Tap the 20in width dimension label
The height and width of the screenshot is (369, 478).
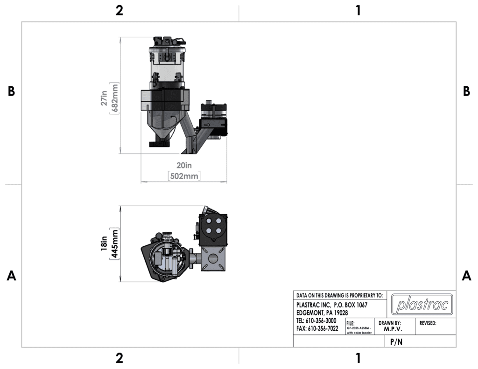pyautogui.click(x=184, y=165)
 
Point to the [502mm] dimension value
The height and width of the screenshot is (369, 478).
pyautogui.click(x=184, y=176)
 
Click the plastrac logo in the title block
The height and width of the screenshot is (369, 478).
pyautogui.click(x=422, y=305)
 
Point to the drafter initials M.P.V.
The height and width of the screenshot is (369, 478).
pyautogui.click(x=390, y=329)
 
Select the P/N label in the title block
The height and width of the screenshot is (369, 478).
pyautogui.click(x=396, y=342)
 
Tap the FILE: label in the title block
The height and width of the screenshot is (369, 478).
pyautogui.click(x=351, y=323)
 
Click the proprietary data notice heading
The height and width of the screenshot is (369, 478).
pyautogui.click(x=339, y=295)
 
